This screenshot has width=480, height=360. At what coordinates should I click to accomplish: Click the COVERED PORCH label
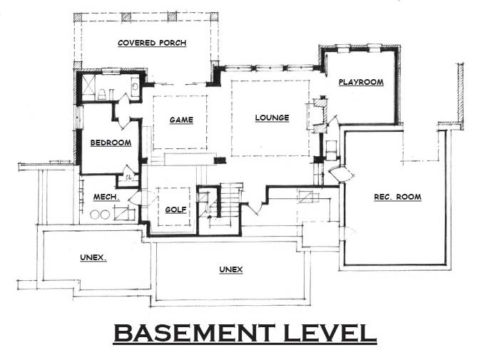click(x=152, y=43)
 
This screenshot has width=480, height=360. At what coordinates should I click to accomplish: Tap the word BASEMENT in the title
click(x=195, y=333)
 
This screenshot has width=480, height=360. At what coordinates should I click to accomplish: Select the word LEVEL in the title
click(x=330, y=333)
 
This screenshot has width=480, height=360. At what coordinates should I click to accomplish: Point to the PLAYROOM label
click(x=361, y=82)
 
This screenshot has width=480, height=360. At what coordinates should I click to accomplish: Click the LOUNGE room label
click(x=272, y=118)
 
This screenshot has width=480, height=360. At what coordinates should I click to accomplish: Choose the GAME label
click(x=182, y=120)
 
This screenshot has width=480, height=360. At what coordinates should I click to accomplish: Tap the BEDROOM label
click(x=111, y=143)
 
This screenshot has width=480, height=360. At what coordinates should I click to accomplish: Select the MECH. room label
click(x=106, y=197)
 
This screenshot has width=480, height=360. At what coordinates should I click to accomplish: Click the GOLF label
click(x=175, y=210)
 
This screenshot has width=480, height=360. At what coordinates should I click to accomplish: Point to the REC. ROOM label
click(x=398, y=197)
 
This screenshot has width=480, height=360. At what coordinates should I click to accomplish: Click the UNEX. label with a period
click(x=93, y=258)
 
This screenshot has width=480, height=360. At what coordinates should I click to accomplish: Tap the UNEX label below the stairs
click(x=231, y=269)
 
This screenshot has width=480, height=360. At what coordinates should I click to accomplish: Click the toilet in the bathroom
click(x=102, y=94)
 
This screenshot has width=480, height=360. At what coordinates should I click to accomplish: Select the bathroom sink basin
click(x=135, y=86)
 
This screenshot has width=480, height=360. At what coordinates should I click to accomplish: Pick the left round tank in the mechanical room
click(x=95, y=215)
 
